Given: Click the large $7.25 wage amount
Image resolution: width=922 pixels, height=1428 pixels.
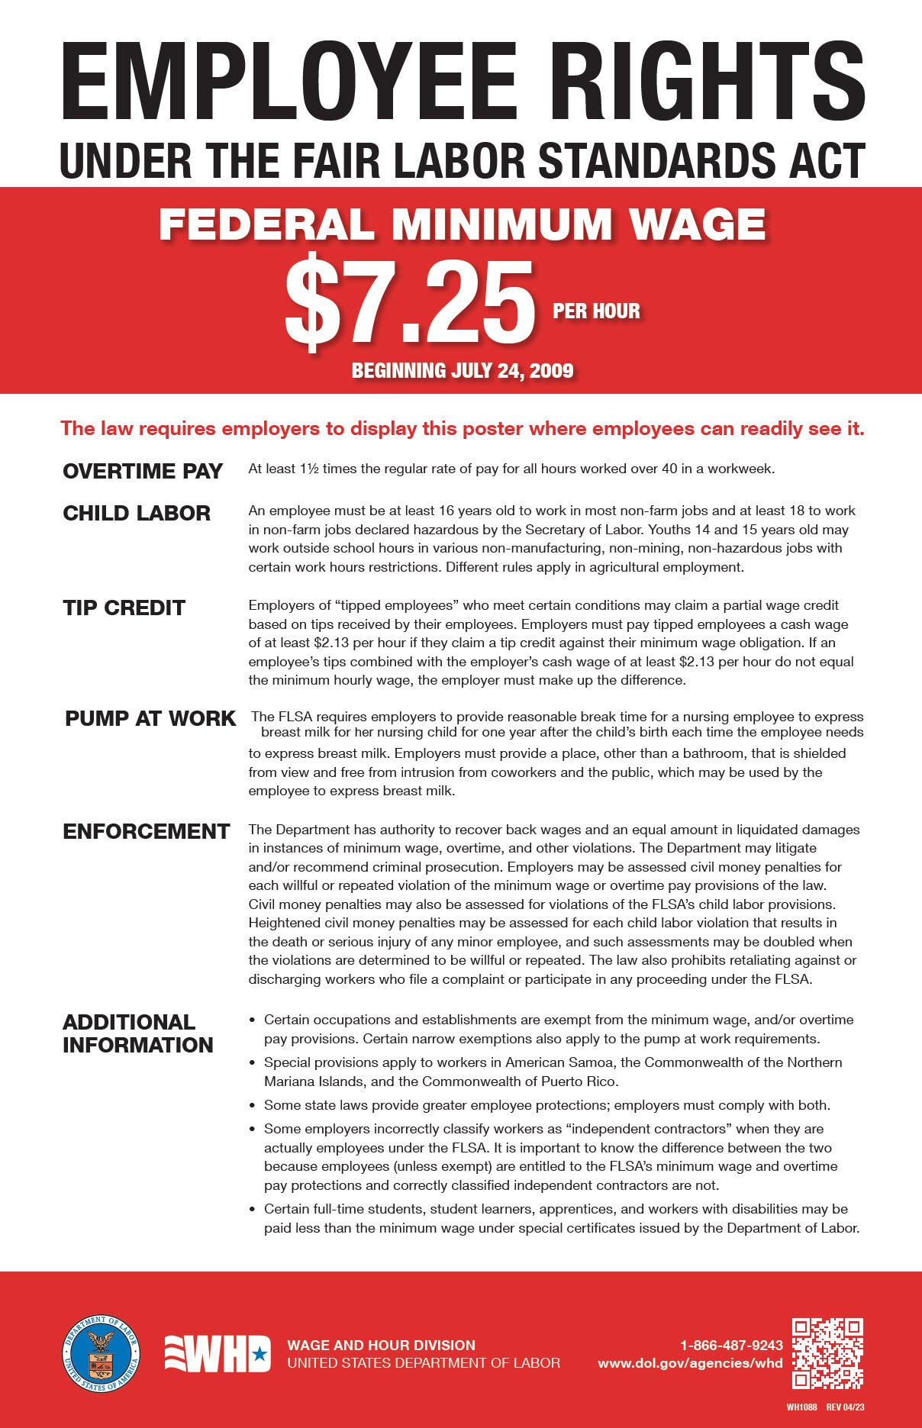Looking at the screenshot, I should point(410,304).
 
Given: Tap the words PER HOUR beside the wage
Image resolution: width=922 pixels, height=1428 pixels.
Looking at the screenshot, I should point(596,311).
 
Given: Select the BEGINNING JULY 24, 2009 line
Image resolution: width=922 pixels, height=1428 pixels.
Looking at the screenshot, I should point(463,371).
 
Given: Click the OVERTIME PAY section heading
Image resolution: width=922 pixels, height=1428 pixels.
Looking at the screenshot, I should point(143,471).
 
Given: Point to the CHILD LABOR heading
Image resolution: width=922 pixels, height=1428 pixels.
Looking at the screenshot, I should point(137,513).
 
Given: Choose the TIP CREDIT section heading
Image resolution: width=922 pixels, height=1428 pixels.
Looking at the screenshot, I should point(124,608).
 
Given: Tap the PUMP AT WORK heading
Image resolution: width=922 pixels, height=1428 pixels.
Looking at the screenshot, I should point(150,718).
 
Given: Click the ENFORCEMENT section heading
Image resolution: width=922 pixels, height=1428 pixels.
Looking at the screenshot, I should point(147,831).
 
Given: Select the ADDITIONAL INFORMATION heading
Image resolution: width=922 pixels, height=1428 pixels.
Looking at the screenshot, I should point(138,1033).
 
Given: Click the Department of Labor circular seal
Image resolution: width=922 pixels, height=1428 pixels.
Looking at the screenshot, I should point(102,1354).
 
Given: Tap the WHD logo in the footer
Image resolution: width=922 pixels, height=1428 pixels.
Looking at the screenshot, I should point(218,1354).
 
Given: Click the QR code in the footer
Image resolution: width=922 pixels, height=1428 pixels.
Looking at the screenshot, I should point(827,1353).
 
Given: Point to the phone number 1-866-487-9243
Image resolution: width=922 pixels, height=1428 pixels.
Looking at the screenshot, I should point(731,1345).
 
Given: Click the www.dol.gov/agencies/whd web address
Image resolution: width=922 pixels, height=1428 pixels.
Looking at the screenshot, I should point(690,1363).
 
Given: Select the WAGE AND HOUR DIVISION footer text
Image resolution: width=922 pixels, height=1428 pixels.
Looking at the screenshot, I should point(381,1345).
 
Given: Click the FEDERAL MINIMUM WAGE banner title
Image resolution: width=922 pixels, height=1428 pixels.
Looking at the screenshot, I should point(462,224).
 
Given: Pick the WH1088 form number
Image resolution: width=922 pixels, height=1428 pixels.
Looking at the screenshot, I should point(801,1407).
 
